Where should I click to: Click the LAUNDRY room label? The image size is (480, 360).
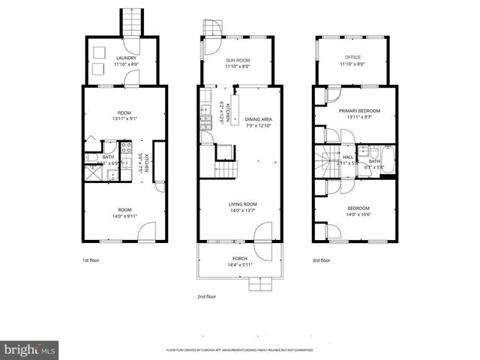click(125, 58)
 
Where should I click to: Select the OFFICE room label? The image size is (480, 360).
click(352, 58)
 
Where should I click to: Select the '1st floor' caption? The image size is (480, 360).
click(90, 261)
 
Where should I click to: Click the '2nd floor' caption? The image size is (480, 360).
click(207, 296)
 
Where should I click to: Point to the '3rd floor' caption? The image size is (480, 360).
click(320, 261)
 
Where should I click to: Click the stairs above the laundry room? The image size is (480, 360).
click(131, 20)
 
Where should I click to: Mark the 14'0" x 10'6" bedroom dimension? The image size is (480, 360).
click(358, 214)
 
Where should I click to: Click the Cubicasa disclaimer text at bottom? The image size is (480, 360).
click(240, 350)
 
